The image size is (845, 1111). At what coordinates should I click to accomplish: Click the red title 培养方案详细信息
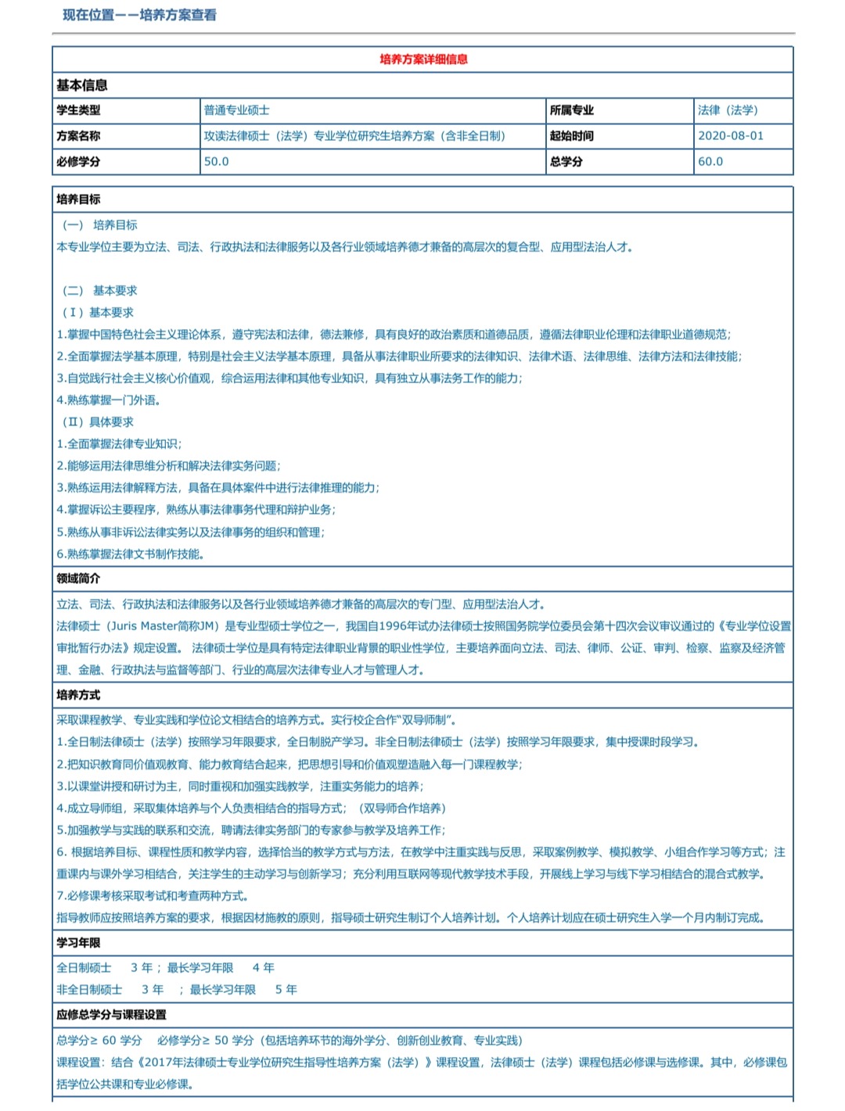[423, 59]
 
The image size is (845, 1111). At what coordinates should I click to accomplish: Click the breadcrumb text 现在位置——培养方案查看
[140, 15]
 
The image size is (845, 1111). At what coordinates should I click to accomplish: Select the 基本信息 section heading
[81, 85]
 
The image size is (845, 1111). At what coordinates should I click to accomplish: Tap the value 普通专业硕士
[236, 110]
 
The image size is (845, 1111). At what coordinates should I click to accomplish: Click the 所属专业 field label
[571, 110]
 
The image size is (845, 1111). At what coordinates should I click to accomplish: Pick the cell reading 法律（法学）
[728, 110]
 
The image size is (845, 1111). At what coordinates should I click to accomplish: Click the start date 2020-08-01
[730, 135]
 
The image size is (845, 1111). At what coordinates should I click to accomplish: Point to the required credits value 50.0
[217, 161]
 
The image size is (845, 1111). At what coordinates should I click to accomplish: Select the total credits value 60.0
[710, 161]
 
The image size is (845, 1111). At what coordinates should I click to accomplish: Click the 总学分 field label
[566, 161]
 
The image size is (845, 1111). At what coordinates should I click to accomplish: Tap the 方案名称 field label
[78, 135]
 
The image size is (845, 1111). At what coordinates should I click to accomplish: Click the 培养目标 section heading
[78, 199]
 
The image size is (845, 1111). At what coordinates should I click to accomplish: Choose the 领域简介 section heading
[78, 579]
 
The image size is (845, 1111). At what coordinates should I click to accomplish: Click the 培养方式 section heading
[78, 695]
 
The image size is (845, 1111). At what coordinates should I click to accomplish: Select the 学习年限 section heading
[78, 943]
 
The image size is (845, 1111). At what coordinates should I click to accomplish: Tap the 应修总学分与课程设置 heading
[111, 1015]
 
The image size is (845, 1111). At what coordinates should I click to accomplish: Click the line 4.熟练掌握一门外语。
[109, 400]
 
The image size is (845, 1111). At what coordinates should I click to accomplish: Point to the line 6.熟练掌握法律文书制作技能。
[131, 554]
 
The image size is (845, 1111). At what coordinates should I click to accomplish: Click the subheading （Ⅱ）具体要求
[97, 422]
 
